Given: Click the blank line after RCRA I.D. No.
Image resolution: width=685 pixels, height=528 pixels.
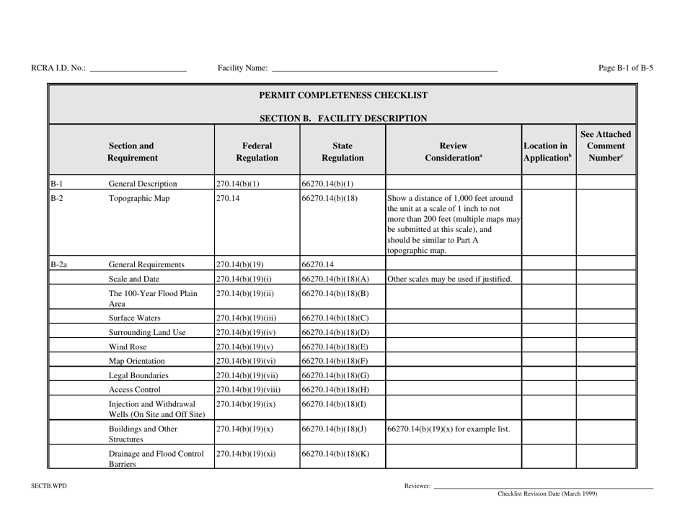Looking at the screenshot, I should coord(138,70).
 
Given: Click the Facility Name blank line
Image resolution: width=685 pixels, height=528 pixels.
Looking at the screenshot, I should coord(384,70).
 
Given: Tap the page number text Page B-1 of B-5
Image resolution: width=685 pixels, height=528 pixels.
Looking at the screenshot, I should coord(626,68).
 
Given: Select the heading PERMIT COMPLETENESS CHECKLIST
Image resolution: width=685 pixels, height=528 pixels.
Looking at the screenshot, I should coord(343,94).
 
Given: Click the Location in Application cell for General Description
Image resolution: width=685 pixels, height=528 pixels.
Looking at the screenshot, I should coord(547,183).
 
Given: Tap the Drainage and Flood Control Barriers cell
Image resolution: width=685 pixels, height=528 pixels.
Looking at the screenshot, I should coord(155,459).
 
